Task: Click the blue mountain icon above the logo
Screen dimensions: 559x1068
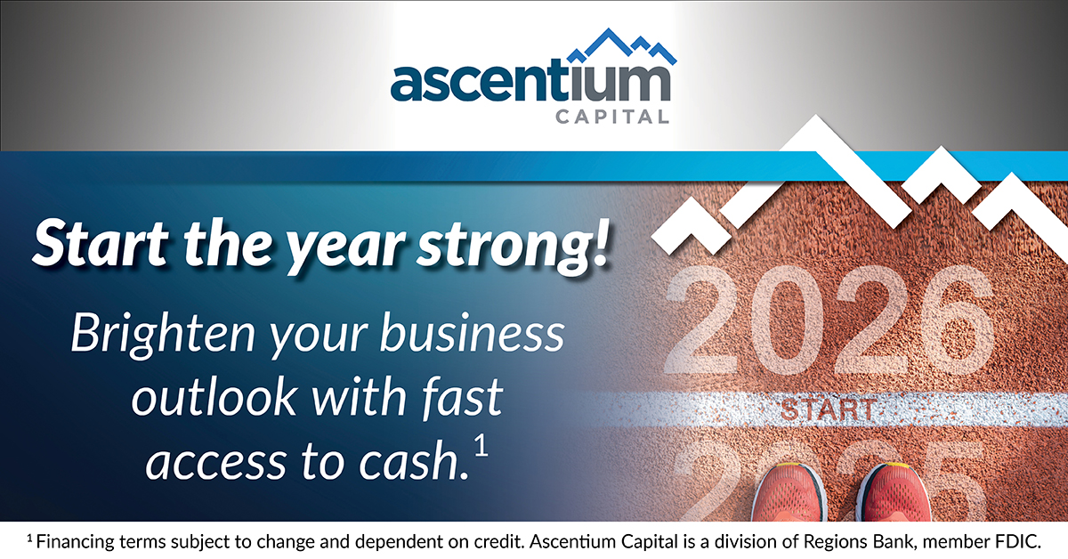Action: point(622,46)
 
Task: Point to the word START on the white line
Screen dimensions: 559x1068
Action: point(827,410)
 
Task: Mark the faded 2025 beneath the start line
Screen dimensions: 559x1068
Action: point(829,481)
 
